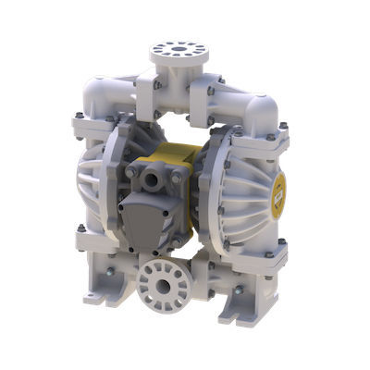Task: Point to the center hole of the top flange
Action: point(179,46)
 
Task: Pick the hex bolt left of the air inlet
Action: point(131,172)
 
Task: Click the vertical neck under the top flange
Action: point(179,74)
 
